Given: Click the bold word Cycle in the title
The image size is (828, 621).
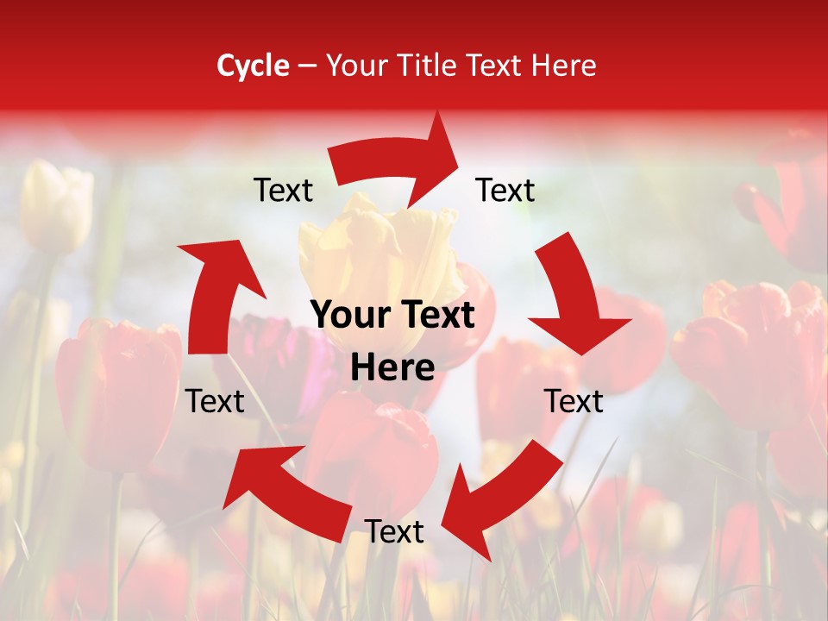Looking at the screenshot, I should tap(253, 66).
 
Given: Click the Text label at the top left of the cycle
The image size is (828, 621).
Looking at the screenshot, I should tap(283, 191).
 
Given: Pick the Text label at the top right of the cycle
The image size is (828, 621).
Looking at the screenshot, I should tap(505, 191).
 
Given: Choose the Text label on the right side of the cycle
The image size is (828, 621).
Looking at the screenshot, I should tap(574, 401).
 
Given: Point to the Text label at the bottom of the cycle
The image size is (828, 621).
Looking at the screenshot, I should tap(394, 531).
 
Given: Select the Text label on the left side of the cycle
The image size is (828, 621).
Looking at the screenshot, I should tap(215, 401).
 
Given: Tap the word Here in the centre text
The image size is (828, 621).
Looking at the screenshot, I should tap(392, 368).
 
